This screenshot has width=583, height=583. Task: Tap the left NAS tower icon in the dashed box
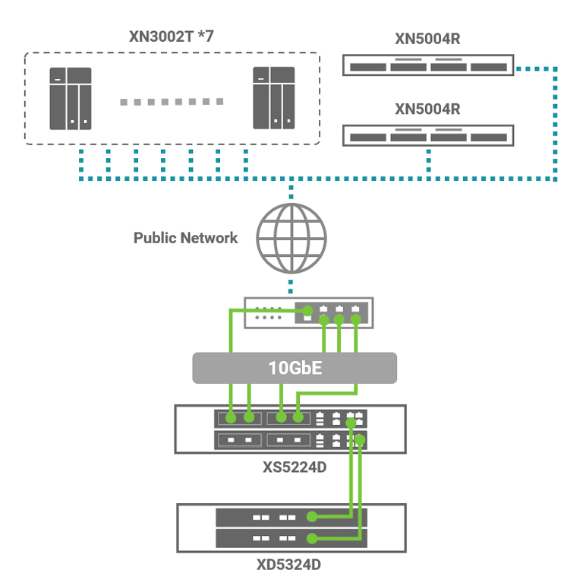pos(71,98)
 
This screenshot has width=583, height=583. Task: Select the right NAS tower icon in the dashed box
pos(273,98)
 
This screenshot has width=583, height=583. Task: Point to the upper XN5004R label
pos(427,39)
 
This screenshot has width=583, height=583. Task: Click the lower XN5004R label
pos(427,109)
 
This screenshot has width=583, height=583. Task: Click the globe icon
pos(291,237)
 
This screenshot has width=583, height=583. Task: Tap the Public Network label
pos(185,238)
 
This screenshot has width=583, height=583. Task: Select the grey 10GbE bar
pos(295,368)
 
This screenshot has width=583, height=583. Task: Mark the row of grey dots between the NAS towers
pos(172,101)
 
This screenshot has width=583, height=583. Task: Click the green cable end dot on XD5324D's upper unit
pos(312,518)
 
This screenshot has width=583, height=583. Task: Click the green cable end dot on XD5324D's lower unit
pos(312,539)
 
